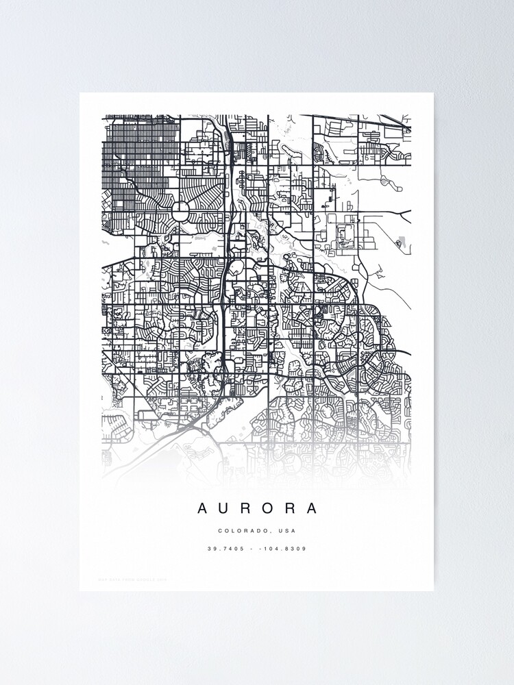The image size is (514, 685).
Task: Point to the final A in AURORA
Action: click(313, 508)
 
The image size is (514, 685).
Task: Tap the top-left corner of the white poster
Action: click(80, 93)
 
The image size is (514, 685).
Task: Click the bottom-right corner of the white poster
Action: click(433, 590)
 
